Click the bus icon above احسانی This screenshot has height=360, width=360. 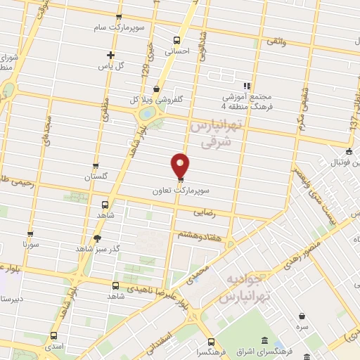(x=176, y=39)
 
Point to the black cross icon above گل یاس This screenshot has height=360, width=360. (x=110, y=55)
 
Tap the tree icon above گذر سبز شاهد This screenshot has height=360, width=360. (x=97, y=238)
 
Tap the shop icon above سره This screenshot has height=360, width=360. (x=302, y=316)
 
